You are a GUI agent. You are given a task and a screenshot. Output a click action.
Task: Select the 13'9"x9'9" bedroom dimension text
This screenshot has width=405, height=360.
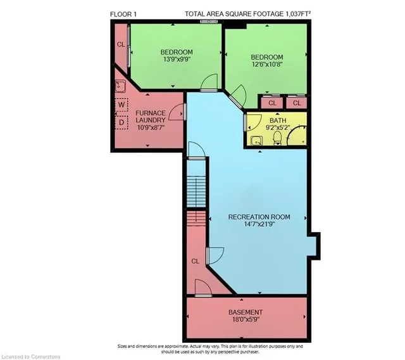[x=176, y=61]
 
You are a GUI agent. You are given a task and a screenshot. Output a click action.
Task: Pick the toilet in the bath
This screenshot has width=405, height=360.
[x=277, y=139]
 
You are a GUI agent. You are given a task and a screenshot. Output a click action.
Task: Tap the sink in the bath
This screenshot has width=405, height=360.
[x=257, y=141]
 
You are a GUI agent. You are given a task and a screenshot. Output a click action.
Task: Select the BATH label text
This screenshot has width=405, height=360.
[x=278, y=120]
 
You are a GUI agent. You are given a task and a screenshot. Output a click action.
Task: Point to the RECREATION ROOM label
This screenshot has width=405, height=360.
[x=259, y=217]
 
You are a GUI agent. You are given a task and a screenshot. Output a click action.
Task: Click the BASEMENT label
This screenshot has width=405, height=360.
[x=245, y=313]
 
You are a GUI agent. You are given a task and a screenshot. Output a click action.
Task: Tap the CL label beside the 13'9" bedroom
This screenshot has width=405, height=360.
[x=120, y=45]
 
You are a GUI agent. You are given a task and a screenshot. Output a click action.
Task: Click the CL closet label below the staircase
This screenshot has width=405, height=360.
[x=195, y=260]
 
